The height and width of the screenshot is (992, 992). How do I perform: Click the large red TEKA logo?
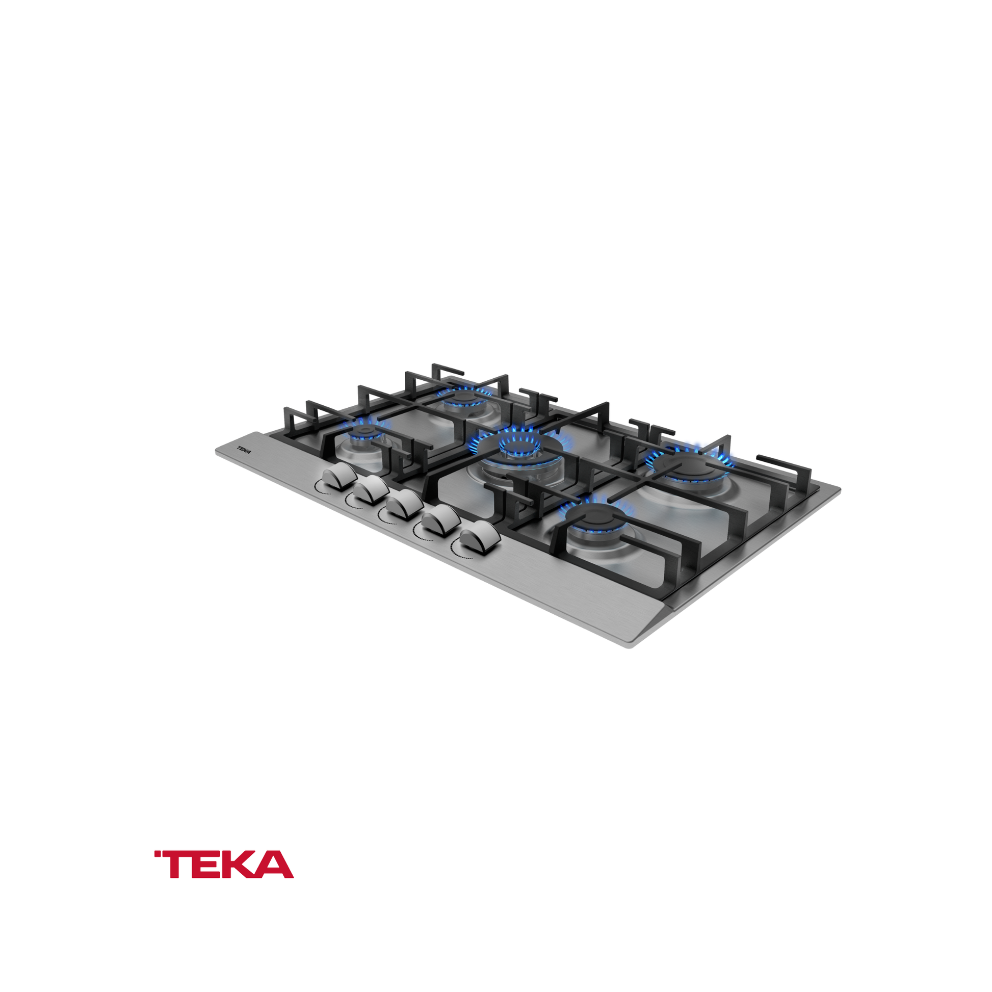pyautogui.click(x=224, y=864)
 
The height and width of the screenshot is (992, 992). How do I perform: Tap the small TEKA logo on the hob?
pyautogui.click(x=244, y=449)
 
